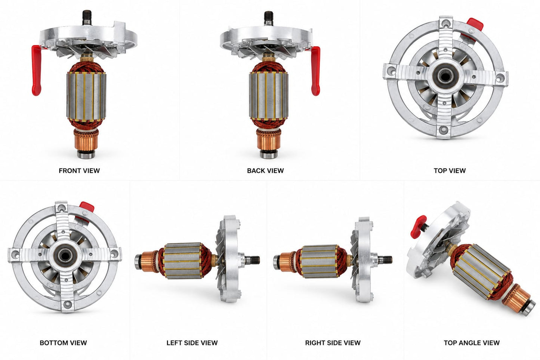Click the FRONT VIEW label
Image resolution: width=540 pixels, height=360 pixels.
[79, 171]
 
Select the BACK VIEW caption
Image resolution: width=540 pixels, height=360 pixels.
[265, 171]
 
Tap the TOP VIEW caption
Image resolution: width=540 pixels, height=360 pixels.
[450, 171]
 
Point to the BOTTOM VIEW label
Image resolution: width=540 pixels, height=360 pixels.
[63, 343]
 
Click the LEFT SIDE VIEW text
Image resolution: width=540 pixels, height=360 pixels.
[192, 343]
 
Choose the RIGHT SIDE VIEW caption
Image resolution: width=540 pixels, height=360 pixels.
[333, 343]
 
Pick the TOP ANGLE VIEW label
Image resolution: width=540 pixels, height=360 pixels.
[472, 343]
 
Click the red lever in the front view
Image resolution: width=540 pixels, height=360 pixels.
[37, 70]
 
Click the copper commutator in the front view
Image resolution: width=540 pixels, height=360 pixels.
[86, 140]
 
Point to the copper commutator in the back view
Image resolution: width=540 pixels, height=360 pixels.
[269, 139]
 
